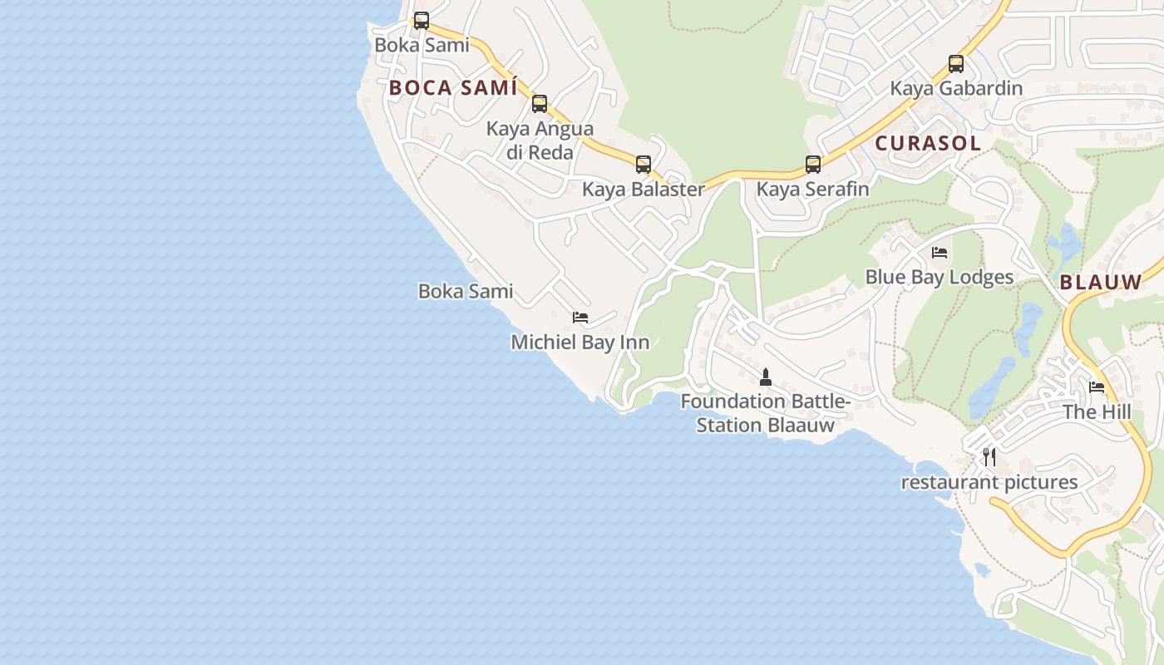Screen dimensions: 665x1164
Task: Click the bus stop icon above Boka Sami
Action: point(422,21)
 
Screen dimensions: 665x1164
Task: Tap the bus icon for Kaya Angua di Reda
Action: point(540,104)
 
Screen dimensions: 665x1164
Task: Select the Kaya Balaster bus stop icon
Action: point(644,165)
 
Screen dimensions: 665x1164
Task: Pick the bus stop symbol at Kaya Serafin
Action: point(813,165)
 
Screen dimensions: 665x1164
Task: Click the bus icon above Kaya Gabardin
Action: point(956,64)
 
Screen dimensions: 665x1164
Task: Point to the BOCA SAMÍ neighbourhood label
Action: point(453,88)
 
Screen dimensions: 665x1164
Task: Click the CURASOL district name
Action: point(928,143)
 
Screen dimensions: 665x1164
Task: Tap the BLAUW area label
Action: point(1101,282)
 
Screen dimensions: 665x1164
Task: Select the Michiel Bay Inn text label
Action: point(580,342)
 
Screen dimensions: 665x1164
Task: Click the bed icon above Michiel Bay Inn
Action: point(580,318)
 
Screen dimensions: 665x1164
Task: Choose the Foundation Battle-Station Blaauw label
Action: point(766,413)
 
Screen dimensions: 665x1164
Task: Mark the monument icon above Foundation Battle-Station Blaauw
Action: point(766,377)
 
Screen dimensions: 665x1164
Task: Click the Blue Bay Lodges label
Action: point(940,277)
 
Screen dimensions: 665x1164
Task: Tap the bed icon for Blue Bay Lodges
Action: point(940,253)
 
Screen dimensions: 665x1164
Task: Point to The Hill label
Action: point(1097,412)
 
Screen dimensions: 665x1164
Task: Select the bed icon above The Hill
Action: point(1097,387)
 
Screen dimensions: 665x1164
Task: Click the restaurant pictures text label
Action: point(989,482)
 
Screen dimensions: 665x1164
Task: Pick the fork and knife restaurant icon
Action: point(989,456)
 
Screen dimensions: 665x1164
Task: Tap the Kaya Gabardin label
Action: point(956,88)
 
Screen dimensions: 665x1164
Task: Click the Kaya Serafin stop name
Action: point(812,190)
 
